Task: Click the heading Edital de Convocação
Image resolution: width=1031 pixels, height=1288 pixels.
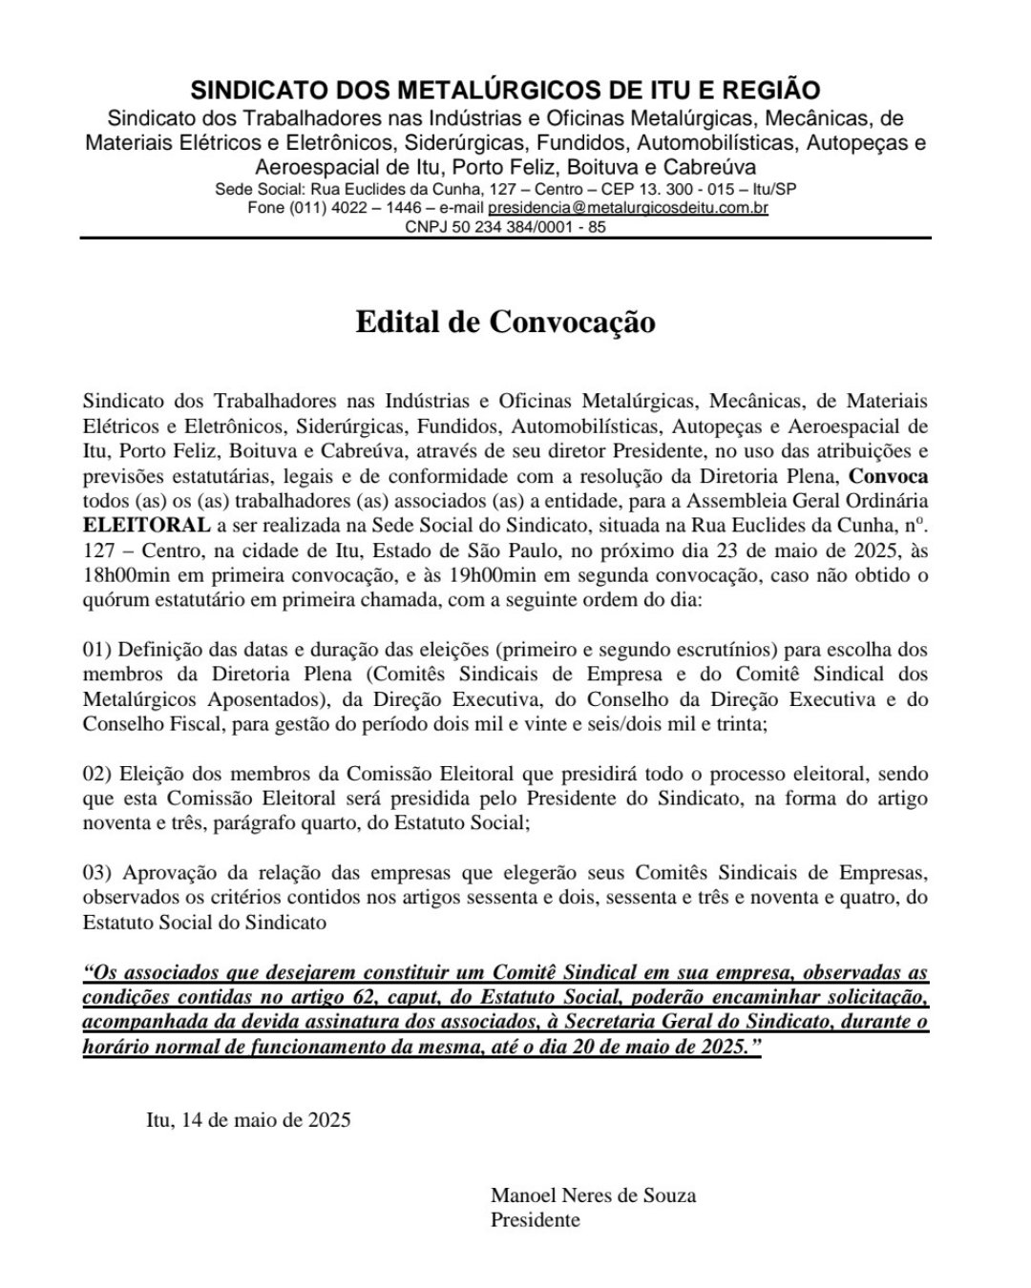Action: coord(505,322)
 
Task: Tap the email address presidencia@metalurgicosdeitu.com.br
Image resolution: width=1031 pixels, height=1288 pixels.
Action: coord(628,207)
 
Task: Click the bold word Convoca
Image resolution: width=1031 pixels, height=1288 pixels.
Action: coord(889,475)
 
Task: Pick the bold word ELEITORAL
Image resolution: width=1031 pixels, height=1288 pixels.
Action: coord(146,525)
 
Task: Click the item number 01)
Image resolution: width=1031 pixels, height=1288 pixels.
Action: coord(98,650)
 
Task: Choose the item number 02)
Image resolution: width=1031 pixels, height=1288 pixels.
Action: coord(98,773)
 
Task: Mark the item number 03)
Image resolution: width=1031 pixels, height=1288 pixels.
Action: coord(98,873)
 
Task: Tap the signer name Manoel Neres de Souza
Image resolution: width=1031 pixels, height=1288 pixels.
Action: coord(593,1195)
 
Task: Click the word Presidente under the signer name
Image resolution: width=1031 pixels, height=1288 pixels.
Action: coord(535,1219)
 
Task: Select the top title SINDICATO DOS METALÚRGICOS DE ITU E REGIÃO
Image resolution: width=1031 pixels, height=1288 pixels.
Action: coord(505,91)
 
